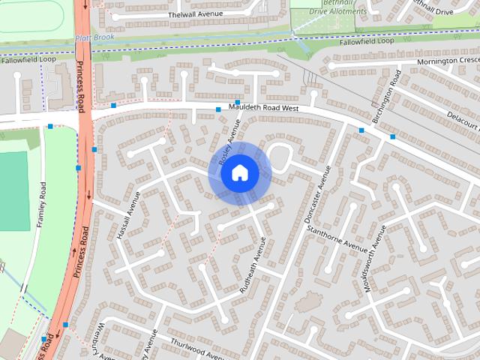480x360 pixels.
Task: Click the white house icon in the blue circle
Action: pyautogui.click(x=239, y=172)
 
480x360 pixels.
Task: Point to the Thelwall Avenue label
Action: pyautogui.click(x=197, y=14)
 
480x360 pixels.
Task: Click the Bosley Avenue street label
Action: pyautogui.click(x=229, y=142)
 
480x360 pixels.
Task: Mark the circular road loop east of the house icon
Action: pyautogui.click(x=280, y=156)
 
